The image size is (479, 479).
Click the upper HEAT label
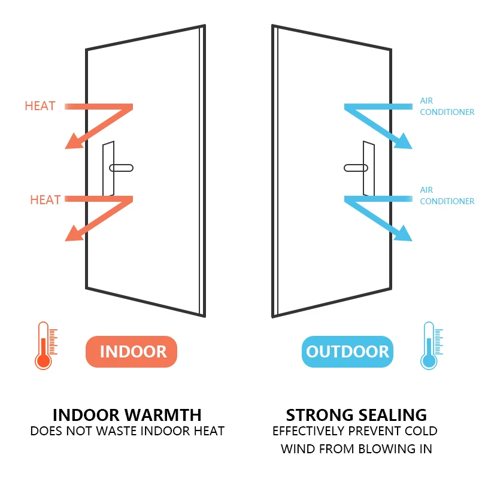40,106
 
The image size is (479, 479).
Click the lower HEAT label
46,199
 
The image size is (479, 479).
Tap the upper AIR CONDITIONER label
447,107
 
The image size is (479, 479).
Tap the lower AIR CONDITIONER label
447,195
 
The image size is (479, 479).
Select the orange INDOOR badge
133,351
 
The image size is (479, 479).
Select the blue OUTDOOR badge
347,351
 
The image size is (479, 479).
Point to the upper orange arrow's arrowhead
73,141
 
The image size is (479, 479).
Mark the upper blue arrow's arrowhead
404,141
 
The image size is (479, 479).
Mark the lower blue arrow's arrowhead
404,234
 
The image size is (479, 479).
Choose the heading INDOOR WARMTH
127,415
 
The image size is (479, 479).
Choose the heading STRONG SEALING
356,415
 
